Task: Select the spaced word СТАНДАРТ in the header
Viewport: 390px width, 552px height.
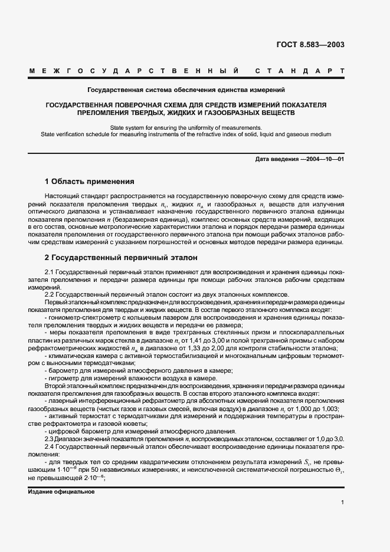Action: click(300, 71)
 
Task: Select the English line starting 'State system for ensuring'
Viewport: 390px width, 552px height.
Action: click(186, 127)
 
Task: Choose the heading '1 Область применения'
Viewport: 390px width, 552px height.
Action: click(90, 181)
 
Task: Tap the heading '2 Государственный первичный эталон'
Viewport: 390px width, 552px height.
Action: click(121, 258)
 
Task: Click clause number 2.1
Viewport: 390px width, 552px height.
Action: click(50, 272)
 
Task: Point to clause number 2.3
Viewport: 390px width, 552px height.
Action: click(50, 439)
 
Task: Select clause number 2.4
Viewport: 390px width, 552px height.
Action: click(50, 447)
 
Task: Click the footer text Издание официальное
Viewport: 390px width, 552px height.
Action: click(61, 491)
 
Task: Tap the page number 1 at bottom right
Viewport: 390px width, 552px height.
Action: click(342, 502)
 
